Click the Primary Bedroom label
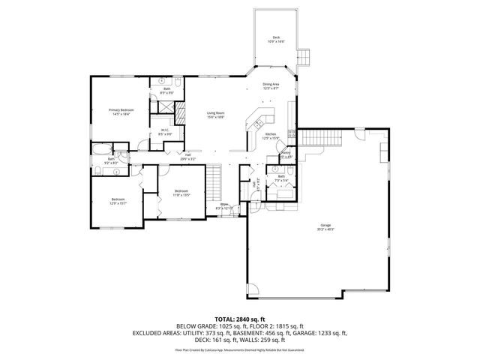click(x=121, y=112)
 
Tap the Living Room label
click(x=216, y=114)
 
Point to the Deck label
click(x=276, y=40)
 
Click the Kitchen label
click(x=270, y=136)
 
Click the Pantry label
click(x=286, y=154)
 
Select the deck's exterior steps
click(x=304, y=56)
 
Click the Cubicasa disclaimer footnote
click(x=239, y=349)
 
